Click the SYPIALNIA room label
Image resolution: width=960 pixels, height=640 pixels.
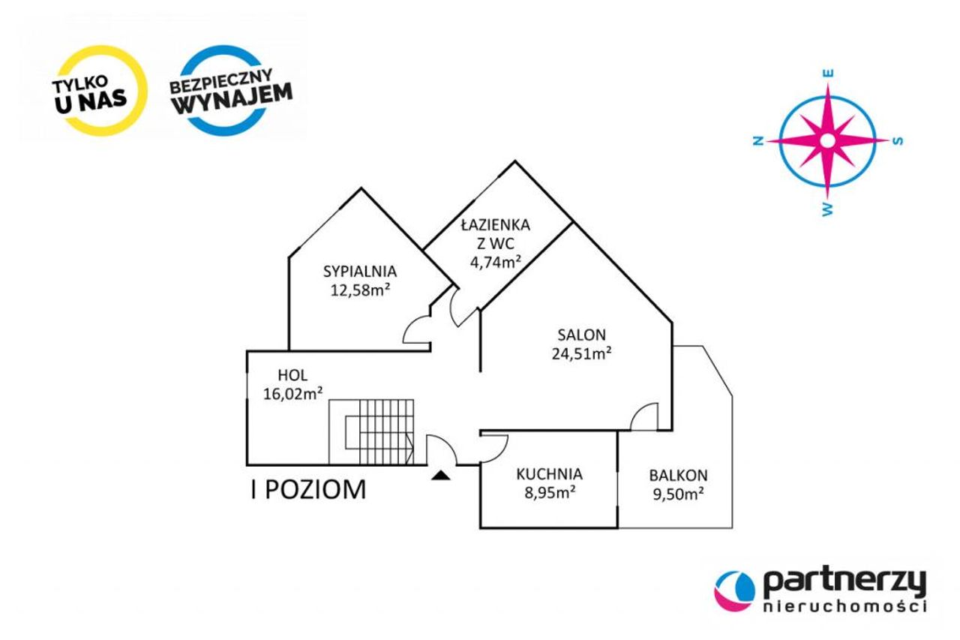point(360,272)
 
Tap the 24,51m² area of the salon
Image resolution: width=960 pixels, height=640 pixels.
point(581,353)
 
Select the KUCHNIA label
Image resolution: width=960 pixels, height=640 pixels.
point(550,474)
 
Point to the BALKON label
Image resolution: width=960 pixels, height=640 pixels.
point(678,476)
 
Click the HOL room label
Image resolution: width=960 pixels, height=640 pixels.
point(292,375)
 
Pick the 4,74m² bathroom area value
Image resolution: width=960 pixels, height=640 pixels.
point(496,262)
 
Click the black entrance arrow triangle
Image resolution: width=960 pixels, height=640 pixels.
point(441,475)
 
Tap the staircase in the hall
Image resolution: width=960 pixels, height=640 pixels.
point(371,432)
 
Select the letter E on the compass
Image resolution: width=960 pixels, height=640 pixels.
point(828,74)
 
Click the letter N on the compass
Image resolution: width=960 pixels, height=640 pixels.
point(758,141)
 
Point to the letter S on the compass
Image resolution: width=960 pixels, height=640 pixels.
point(898,141)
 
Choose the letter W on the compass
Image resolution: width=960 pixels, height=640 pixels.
point(827,209)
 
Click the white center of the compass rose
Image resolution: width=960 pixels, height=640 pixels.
point(828,140)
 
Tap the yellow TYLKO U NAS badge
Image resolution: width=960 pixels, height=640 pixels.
point(101,91)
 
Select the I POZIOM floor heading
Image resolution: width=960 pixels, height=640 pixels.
point(308,489)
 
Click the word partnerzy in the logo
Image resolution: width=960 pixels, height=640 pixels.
point(844,584)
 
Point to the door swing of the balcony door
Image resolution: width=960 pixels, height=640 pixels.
point(644,416)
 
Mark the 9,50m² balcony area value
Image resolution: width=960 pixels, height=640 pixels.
point(678,494)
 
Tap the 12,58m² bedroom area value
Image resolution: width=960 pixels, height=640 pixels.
point(360,290)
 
